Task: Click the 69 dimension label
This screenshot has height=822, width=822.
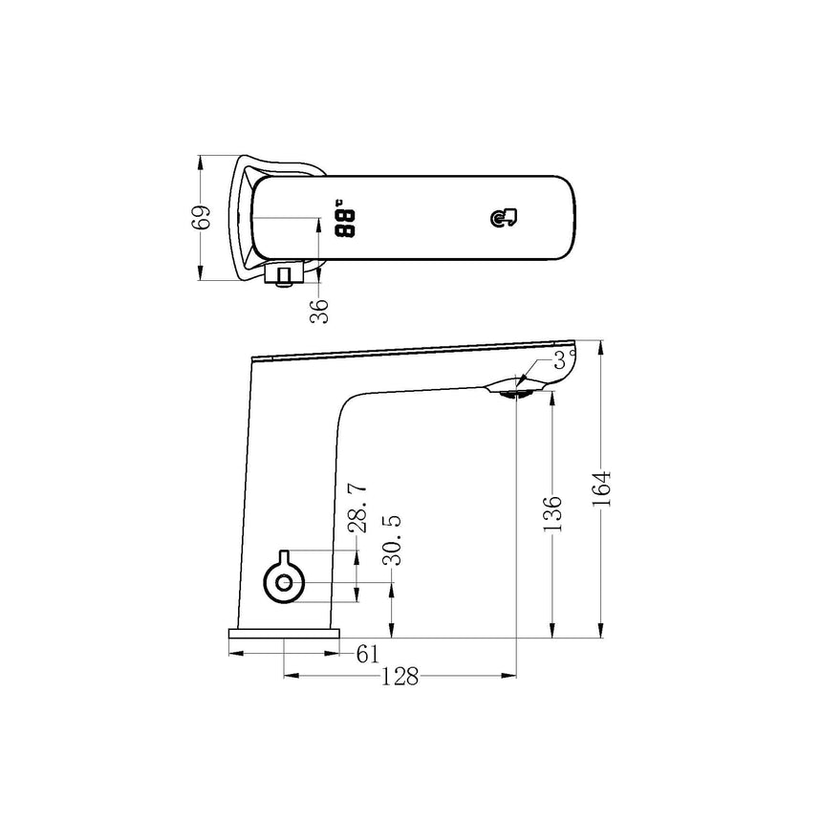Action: (x=200, y=217)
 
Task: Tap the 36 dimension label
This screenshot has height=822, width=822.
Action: (x=320, y=308)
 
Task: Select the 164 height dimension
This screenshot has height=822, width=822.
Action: (x=601, y=489)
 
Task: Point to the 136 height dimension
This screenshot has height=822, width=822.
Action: (x=552, y=514)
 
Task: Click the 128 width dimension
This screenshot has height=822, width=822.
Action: (x=400, y=677)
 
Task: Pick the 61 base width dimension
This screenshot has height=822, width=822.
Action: (x=368, y=654)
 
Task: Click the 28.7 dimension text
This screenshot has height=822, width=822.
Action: (x=357, y=508)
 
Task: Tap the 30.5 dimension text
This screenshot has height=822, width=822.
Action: (x=391, y=540)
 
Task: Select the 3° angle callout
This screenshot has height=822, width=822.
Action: (x=565, y=359)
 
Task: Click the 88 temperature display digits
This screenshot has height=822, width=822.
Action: (x=344, y=225)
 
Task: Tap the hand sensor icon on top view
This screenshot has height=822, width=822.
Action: (x=504, y=220)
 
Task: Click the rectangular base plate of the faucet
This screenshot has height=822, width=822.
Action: (x=284, y=634)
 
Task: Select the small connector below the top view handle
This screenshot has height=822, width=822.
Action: (x=283, y=277)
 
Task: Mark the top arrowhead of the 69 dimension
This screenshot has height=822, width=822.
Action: (x=200, y=161)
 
